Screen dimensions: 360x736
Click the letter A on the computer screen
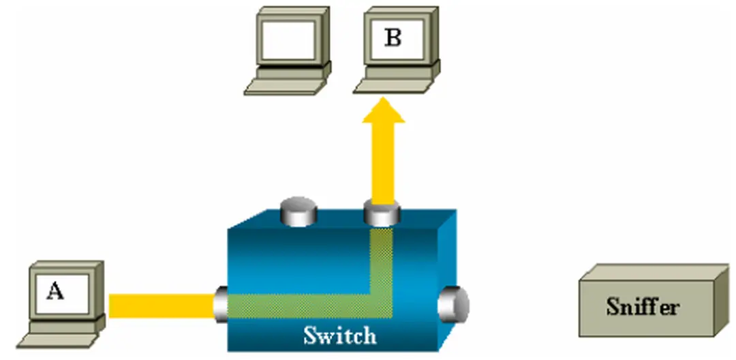pos(55,292)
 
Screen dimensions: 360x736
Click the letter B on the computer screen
pos(393,38)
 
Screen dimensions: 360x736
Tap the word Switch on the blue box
pos(339,335)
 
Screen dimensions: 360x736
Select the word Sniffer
pos(643,306)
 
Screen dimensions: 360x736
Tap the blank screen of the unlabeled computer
pos(289,40)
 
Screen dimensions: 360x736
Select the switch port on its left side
pos(222,304)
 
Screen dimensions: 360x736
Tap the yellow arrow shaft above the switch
pos(382,164)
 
